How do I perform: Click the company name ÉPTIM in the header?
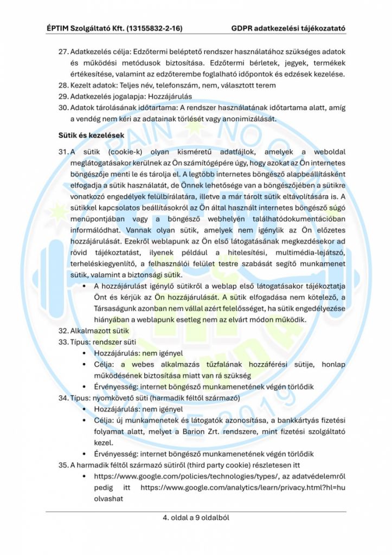[x=60, y=27]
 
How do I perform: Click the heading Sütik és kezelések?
[x=91, y=134]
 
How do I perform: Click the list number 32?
[x=63, y=330]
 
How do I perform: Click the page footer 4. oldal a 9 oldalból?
[x=196, y=518]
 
